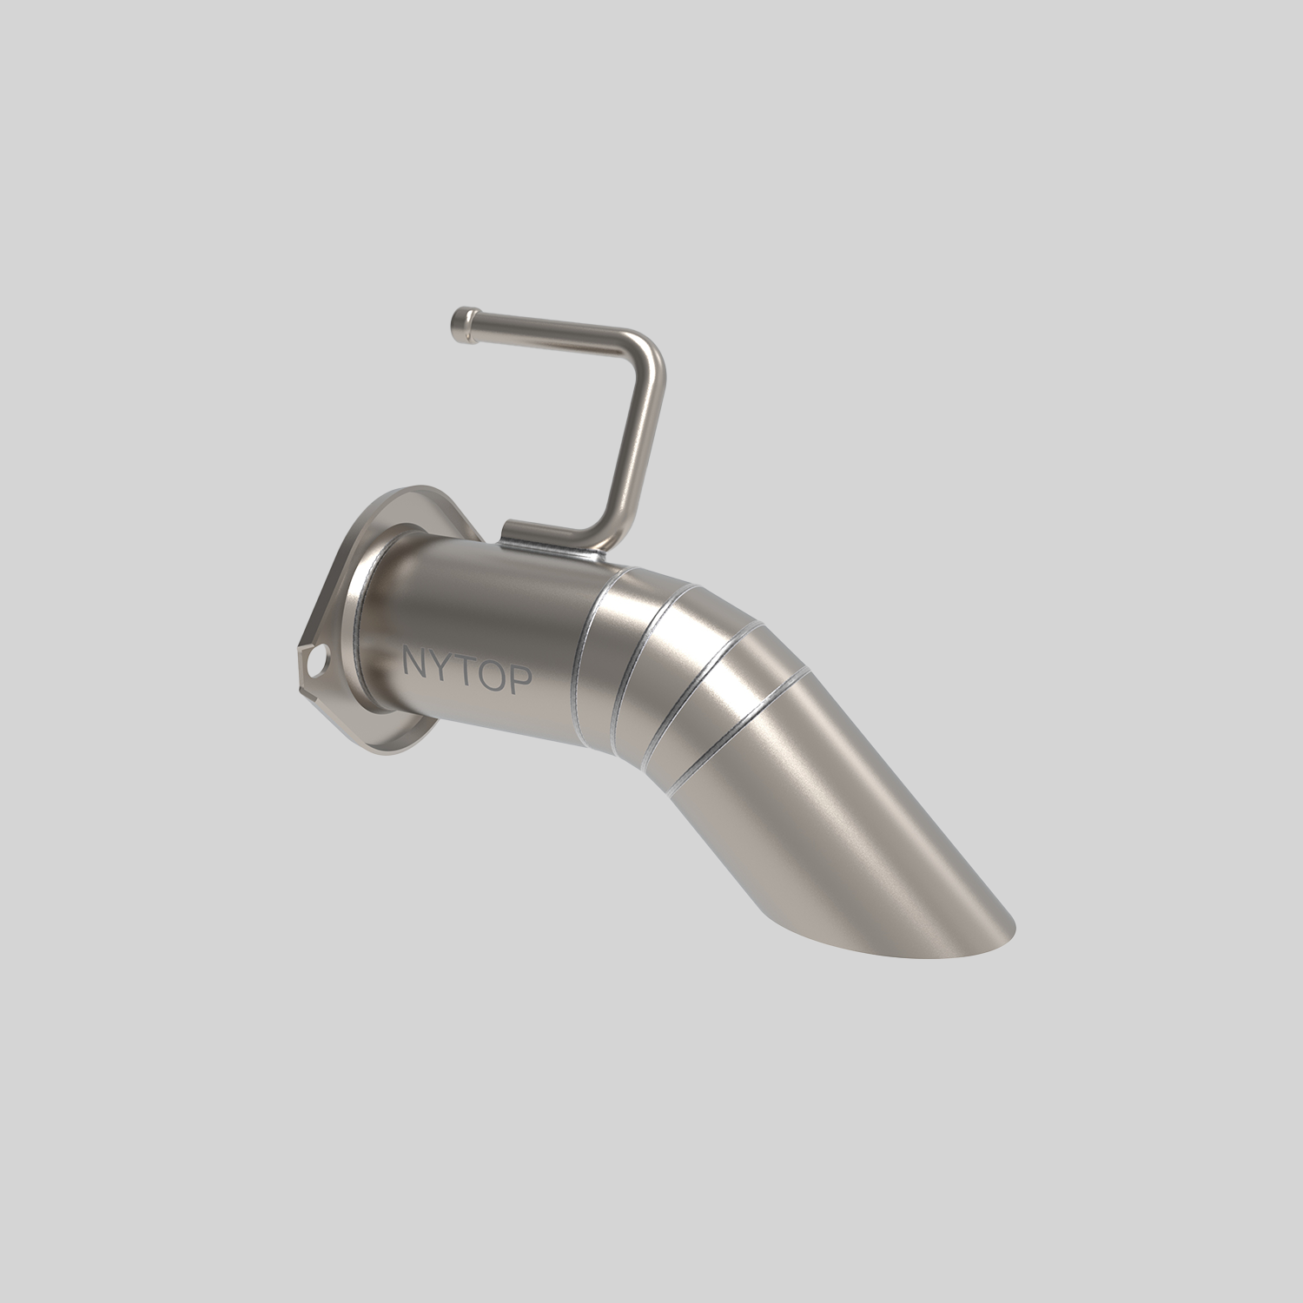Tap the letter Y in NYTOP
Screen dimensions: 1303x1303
[441, 668]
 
